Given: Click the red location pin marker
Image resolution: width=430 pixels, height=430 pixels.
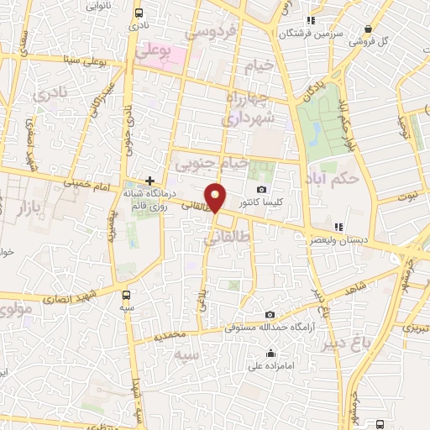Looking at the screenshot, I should click(216, 197).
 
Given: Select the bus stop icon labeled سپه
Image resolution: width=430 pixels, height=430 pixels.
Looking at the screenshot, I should click(126, 295).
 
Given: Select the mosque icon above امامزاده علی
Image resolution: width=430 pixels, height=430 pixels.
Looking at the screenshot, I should click(270, 353).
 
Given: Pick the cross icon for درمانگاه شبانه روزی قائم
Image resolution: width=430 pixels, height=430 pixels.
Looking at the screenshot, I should click(149, 180).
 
